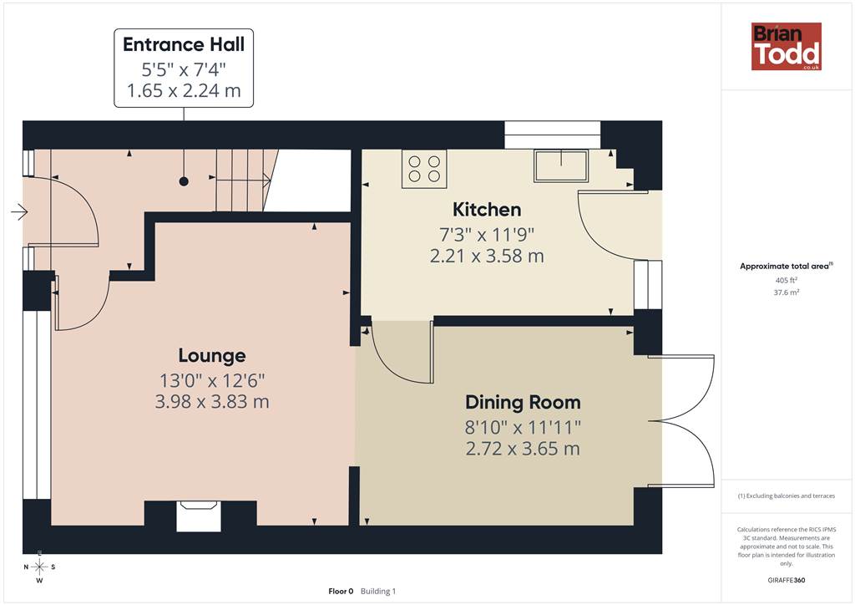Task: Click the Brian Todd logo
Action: pyautogui.click(x=787, y=46)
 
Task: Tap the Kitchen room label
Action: pyautogui.click(x=487, y=210)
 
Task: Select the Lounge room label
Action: pyautogui.click(x=212, y=356)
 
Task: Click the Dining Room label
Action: pyautogui.click(x=523, y=402)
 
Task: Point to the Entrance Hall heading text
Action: pyautogui.click(x=184, y=44)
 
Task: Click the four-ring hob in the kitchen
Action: pyautogui.click(x=424, y=169)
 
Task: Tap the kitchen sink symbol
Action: pyautogui.click(x=561, y=165)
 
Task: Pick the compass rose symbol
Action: pyautogui.click(x=39, y=567)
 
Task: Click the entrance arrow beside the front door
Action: pyautogui.click(x=19, y=211)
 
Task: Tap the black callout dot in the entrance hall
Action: pyautogui.click(x=184, y=181)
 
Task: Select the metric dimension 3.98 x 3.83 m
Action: pyautogui.click(x=212, y=402)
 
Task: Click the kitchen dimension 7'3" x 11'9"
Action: pyautogui.click(x=487, y=235)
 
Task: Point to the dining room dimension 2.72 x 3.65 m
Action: pyautogui.click(x=523, y=449)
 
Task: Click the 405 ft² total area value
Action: pyautogui.click(x=787, y=280)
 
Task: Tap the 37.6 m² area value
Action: pyautogui.click(x=787, y=292)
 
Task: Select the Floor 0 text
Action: pyautogui.click(x=341, y=592)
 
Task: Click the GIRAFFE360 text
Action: pyautogui.click(x=787, y=580)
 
